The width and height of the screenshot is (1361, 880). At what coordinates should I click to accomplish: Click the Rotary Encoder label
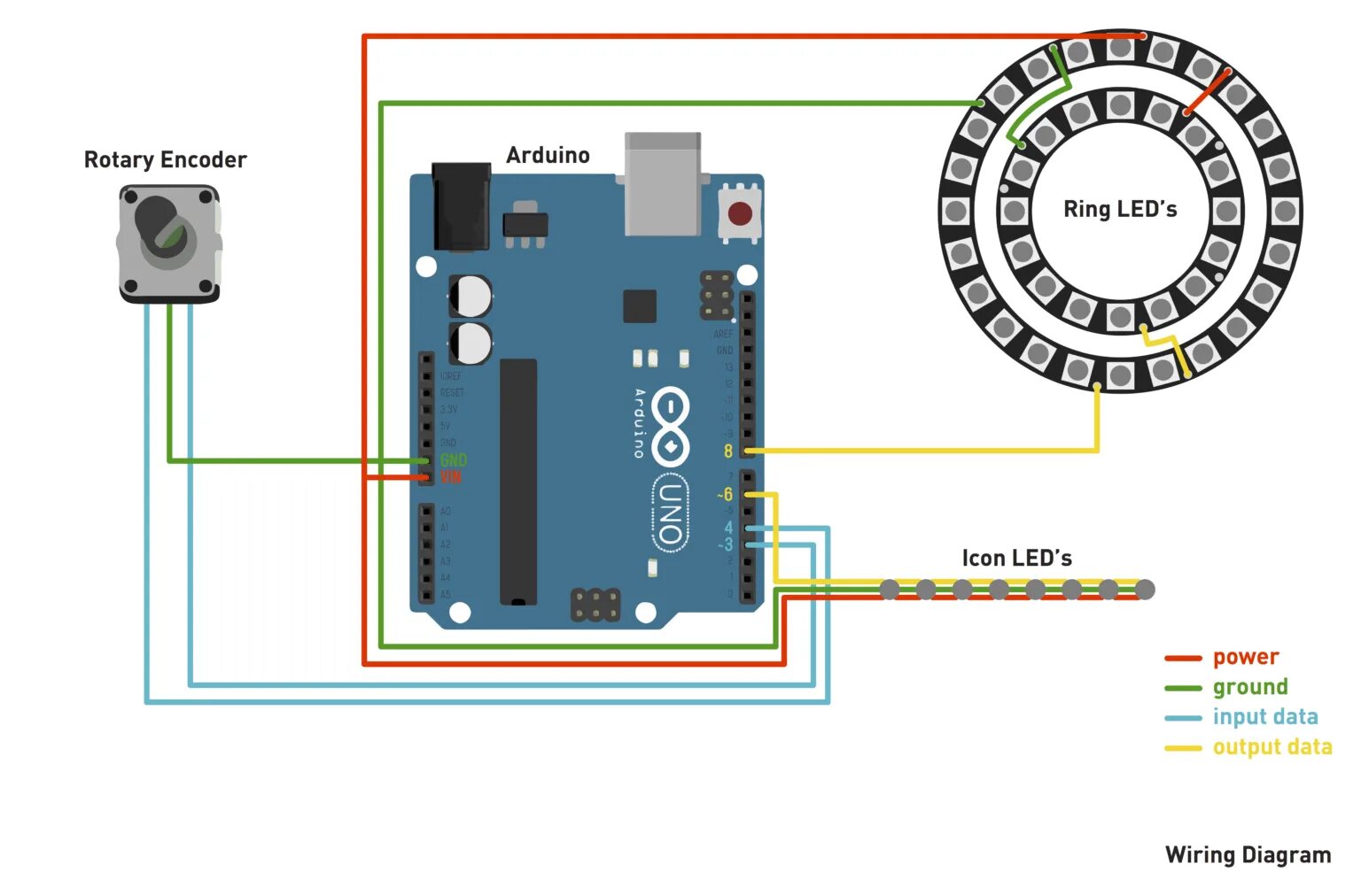click(165, 160)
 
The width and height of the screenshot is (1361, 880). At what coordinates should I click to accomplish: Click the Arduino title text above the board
click(548, 156)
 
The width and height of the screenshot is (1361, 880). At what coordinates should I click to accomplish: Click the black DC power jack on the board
click(461, 206)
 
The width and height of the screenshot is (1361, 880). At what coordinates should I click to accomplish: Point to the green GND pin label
click(453, 460)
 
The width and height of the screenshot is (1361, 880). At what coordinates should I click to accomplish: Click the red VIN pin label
click(451, 478)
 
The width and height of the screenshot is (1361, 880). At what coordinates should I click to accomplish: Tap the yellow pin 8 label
click(728, 452)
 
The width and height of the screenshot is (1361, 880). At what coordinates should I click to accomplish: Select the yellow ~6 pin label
click(725, 494)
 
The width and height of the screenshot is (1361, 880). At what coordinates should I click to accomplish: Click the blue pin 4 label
click(728, 529)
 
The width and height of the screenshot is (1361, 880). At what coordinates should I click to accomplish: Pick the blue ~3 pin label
click(725, 545)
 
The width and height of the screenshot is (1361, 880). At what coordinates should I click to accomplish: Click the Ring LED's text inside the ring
click(1120, 210)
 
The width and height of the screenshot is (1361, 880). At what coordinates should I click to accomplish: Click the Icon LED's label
click(1016, 559)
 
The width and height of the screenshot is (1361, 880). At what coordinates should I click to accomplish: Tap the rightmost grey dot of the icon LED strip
click(1145, 590)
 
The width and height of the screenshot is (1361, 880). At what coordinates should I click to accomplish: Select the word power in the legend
click(1245, 658)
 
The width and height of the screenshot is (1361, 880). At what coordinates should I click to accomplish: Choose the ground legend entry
click(1249, 688)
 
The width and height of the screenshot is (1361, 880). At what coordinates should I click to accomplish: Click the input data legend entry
click(1264, 717)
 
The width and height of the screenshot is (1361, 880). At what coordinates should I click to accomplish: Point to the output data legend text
click(1272, 747)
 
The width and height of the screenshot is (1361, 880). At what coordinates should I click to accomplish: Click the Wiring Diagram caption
click(1248, 855)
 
